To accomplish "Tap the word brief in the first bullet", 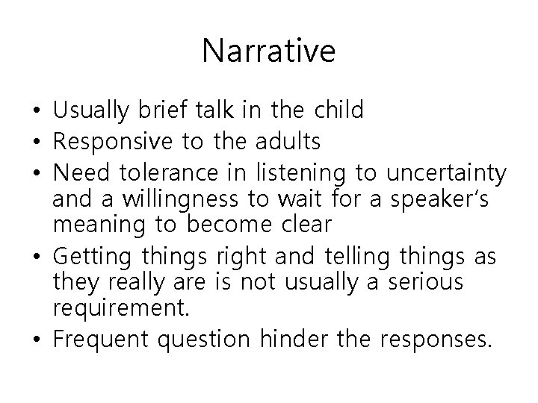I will tap(159, 110).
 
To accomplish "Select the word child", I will tap(334, 110).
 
